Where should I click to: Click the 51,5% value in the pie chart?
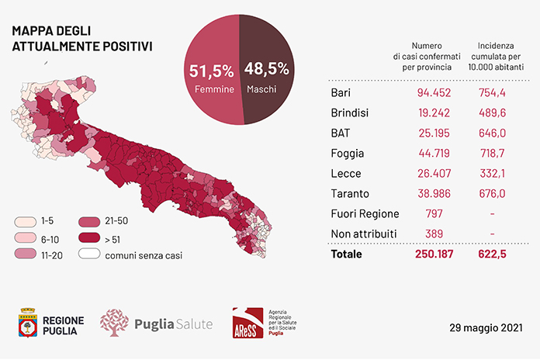(x=212, y=71)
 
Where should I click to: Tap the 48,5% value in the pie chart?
(x=267, y=68)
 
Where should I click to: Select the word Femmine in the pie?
(x=214, y=89)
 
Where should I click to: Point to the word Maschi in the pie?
(x=261, y=89)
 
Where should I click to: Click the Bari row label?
(x=341, y=92)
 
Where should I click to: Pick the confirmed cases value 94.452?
(x=434, y=92)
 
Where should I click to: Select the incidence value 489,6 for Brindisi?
(x=492, y=113)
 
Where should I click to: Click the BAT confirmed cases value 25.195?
(x=434, y=133)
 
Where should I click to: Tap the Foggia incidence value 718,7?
(x=492, y=154)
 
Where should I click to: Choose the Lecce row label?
(x=346, y=173)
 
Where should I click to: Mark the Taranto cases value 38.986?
(x=434, y=194)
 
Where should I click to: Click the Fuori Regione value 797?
(x=434, y=214)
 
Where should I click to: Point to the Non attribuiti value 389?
(x=434, y=234)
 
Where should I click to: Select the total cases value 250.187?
(x=434, y=254)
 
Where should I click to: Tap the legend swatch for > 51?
(x=89, y=238)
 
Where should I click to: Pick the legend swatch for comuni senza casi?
(x=89, y=254)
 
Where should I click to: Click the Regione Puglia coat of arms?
(x=28, y=323)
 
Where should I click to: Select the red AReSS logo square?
(x=247, y=323)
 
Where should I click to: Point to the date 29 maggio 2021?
(x=486, y=327)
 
